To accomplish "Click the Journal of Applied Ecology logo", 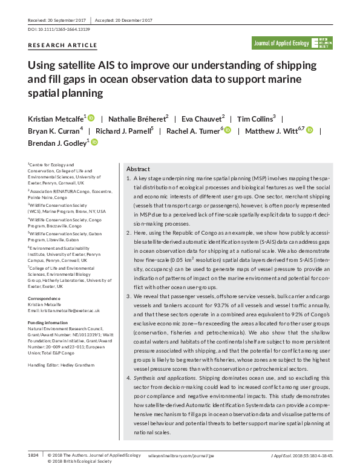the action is tap(290, 43).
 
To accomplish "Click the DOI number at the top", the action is tap(67, 29).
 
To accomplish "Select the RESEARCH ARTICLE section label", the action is tap(62, 45).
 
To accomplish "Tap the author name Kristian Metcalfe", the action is tap(55, 119).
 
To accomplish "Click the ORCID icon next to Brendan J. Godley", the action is tap(94, 142).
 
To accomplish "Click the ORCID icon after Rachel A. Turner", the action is tap(228, 130).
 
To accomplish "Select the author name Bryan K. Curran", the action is tap(53, 130).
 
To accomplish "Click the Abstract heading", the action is tap(138, 169).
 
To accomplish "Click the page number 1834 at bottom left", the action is tap(33, 455).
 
